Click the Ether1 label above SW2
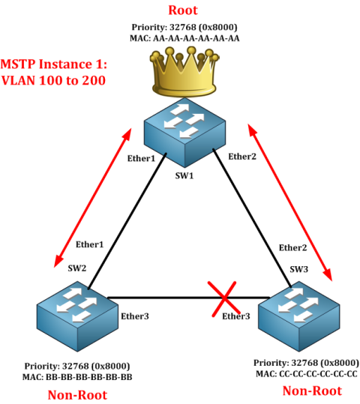click(89, 244)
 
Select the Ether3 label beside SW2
click(135, 316)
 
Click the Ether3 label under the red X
click(236, 316)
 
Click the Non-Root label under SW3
click(311, 391)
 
